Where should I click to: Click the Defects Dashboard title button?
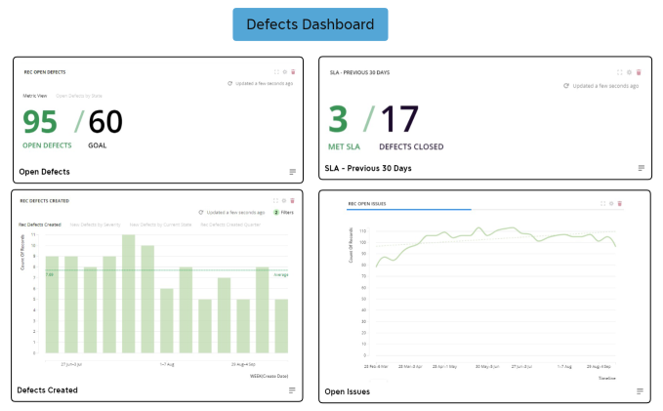310,24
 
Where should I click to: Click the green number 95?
40,122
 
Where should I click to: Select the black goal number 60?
105,122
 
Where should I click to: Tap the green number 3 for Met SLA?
337,119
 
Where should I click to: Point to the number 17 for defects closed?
399,119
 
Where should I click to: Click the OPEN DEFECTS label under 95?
47,145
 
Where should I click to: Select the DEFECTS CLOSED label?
411,146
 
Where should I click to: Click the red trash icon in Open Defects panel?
293,71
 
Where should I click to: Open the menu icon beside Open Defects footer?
292,172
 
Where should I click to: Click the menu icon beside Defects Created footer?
292,390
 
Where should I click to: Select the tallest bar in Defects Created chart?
128,293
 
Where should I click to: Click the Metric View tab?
35,96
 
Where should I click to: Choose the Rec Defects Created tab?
40,225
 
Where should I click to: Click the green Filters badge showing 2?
283,212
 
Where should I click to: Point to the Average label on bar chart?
281,275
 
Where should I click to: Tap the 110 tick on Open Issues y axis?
362,231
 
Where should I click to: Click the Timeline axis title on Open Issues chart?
606,377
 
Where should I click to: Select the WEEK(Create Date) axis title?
269,373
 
